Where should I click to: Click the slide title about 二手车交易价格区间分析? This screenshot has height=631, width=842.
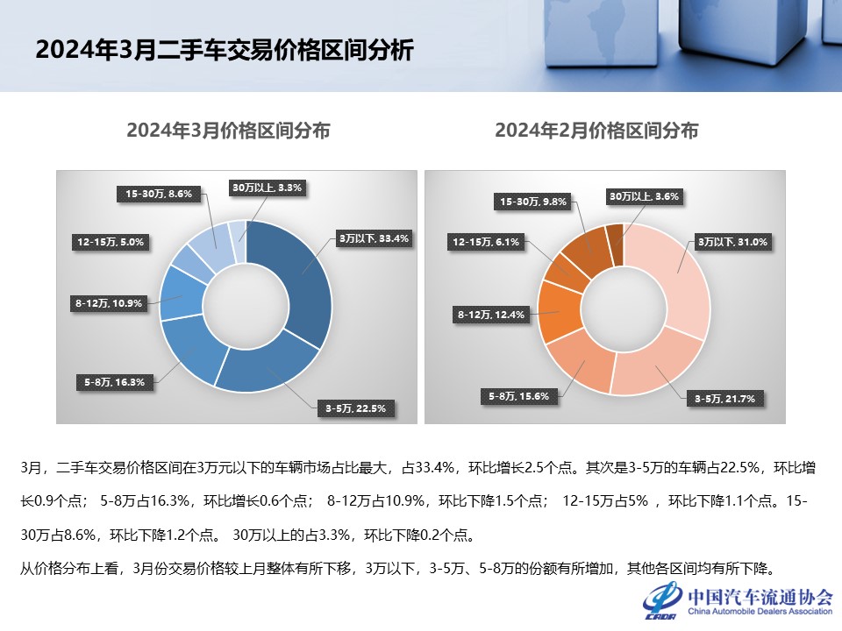click(224, 49)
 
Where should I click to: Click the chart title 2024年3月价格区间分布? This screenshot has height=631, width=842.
click(228, 131)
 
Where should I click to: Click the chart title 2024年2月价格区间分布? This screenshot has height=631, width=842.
click(596, 131)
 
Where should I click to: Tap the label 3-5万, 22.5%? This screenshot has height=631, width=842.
click(354, 408)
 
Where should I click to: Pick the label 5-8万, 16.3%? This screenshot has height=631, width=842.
click(114, 381)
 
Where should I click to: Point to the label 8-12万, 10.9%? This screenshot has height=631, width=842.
click(110, 303)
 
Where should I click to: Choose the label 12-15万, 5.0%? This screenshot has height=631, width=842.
click(109, 240)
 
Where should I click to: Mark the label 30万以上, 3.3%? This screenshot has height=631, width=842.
click(267, 187)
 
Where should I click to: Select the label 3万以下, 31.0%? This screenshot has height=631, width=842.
click(731, 241)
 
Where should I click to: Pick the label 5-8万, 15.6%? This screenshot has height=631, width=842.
click(518, 395)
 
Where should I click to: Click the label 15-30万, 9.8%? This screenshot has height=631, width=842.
click(533, 202)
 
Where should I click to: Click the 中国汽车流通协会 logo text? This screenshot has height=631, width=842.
click(760, 597)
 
